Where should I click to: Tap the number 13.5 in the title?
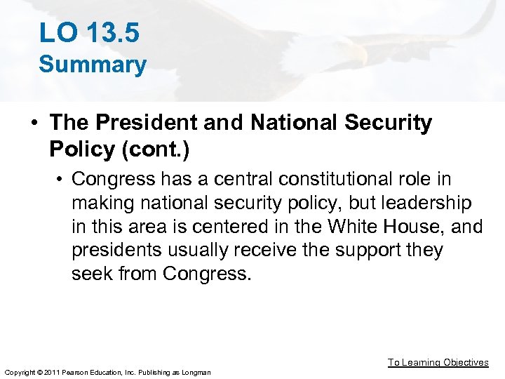pyautogui.click(x=109, y=32)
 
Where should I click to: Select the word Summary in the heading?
pyautogui.click(x=93, y=65)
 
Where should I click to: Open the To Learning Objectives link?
pyautogui.click(x=438, y=362)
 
